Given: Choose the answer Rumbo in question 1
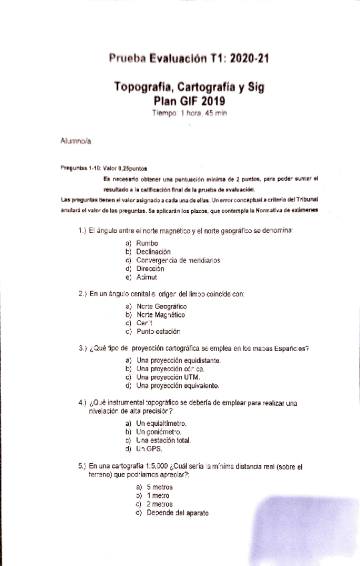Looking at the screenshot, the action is [146, 243].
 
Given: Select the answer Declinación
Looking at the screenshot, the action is [153, 252].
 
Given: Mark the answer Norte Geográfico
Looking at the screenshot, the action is [161, 306].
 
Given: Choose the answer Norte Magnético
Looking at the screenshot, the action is [160, 314].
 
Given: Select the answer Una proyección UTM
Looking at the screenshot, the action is [168, 377].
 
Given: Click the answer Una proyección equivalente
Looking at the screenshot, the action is [178, 385].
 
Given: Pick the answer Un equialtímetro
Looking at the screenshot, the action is [161, 423].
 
